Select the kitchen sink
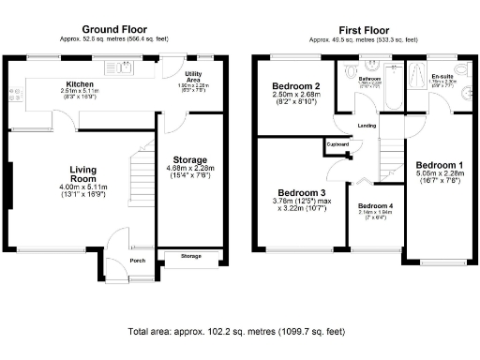coord(123,67)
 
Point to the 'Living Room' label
coord(82,174)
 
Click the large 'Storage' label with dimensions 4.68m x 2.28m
coord(191,159)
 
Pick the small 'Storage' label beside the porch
coord(190,256)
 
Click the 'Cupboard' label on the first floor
coord(337,144)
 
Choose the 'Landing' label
coord(367,125)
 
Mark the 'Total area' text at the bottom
coord(239,333)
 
